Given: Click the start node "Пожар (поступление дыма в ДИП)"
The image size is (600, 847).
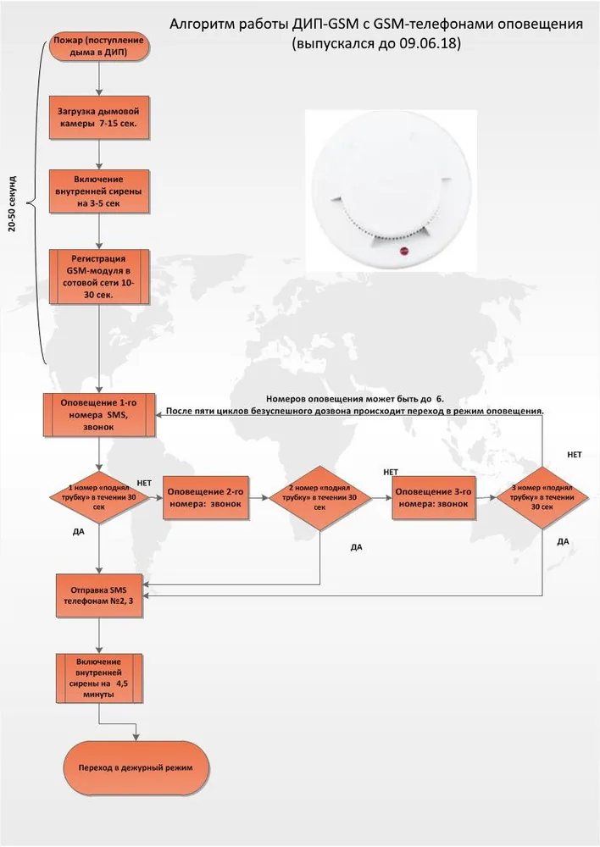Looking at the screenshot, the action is click(x=99, y=46).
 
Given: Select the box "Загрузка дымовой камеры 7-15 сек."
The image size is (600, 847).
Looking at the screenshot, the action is click(x=99, y=118).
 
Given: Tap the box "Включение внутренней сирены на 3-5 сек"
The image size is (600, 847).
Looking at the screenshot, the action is click(x=99, y=191).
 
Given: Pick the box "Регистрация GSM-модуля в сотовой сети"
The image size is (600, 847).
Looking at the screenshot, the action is click(x=99, y=277).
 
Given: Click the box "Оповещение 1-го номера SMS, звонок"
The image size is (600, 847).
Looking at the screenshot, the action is click(x=99, y=415).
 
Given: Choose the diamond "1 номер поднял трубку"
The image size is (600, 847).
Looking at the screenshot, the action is click(x=99, y=497).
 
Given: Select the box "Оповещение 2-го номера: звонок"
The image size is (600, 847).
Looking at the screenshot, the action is click(x=206, y=498).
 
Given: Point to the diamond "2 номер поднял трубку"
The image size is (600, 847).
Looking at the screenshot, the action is click(x=320, y=497).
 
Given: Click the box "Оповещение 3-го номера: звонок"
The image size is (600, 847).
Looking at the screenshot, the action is click(x=434, y=498).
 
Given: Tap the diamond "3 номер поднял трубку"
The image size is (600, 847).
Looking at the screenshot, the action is click(x=542, y=497).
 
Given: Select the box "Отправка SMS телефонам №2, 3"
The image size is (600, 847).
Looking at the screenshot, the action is click(x=99, y=595).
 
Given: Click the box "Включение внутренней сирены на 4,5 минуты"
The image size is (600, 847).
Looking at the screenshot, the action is click(x=99, y=678).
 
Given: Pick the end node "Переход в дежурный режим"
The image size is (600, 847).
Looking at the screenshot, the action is click(x=136, y=767).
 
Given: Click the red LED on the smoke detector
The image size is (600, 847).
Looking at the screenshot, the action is click(x=403, y=251).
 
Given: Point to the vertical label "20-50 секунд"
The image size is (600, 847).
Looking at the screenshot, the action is click(x=13, y=203).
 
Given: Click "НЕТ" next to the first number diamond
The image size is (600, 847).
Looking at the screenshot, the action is click(x=144, y=483).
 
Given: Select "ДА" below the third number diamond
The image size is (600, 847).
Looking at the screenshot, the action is click(x=564, y=542).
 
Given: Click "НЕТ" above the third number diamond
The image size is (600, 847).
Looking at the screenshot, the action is click(x=574, y=455).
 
